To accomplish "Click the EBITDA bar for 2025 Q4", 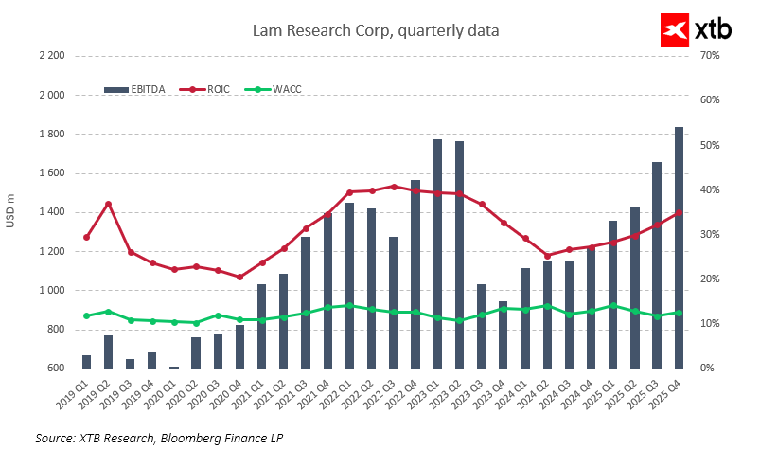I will pos(679,247).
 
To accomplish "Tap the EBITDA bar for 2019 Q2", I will pos(108,351).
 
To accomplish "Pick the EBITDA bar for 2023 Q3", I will pos(481,326).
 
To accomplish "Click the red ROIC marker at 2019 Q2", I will pos(108,204).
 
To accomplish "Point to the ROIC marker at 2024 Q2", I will pos(547,256).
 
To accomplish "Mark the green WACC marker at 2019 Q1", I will pos(86,315).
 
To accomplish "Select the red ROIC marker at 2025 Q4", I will pos(679,212).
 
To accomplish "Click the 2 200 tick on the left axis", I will pos(51,56).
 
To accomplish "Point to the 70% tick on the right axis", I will pos(710,56).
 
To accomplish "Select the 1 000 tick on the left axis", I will pos(51,291).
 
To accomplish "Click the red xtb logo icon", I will pos(674,30).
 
